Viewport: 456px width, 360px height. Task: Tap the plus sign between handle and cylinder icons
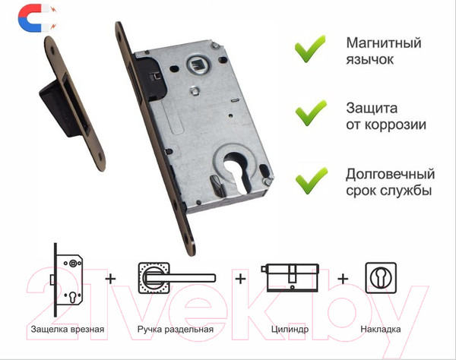click(242, 279)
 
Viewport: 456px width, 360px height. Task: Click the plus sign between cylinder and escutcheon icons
click(343, 279)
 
